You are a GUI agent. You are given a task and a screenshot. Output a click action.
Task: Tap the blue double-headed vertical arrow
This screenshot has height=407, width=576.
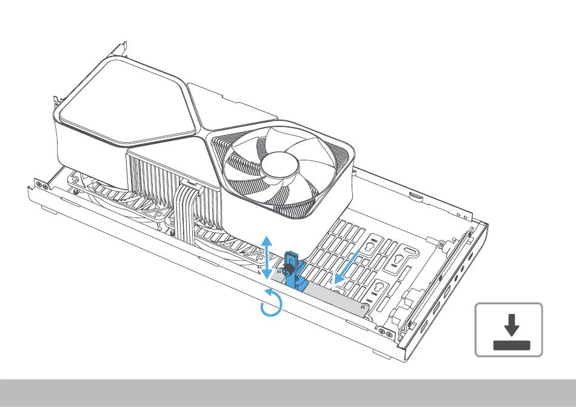click(x=266, y=258)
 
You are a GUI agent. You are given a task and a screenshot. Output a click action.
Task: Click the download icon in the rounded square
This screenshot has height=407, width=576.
click(x=509, y=329)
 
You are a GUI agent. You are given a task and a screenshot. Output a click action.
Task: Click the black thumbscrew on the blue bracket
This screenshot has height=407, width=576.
click(x=289, y=265)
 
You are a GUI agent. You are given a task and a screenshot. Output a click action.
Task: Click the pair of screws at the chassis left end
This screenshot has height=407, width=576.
click(x=41, y=183)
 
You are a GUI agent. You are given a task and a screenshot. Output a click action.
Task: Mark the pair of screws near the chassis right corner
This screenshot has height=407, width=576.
click(x=384, y=332)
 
